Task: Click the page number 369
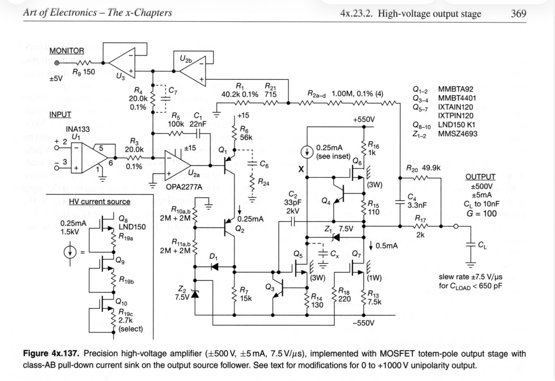(x=519, y=13)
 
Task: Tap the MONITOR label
(x=67, y=51)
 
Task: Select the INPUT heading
(x=60, y=115)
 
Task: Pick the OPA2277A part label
(x=184, y=187)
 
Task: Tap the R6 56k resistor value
(x=246, y=137)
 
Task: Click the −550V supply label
(x=363, y=323)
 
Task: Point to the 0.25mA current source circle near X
(x=307, y=152)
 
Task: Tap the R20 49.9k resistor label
(x=423, y=167)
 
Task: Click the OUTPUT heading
(x=480, y=176)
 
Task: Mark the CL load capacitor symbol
(x=470, y=245)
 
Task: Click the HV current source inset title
(x=99, y=202)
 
